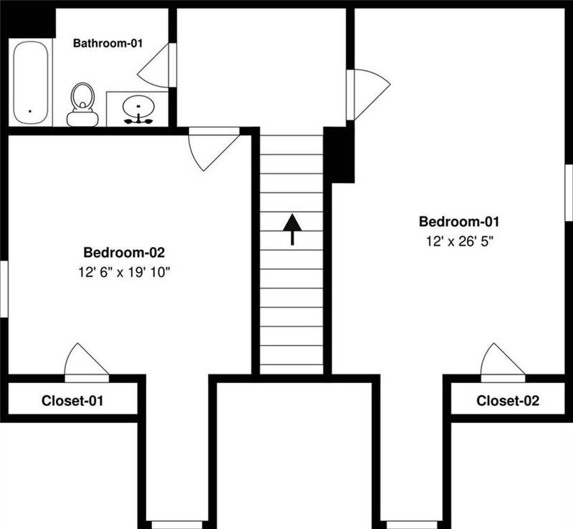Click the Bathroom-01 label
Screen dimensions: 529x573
coord(108,43)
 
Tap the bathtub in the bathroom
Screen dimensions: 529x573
coord(30,82)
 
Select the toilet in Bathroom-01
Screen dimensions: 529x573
coord(83,105)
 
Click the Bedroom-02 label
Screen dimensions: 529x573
coord(125,252)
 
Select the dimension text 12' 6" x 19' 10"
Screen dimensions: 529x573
coord(125,272)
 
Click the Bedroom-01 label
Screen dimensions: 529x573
coord(458,221)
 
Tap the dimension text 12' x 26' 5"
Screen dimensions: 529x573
coord(458,241)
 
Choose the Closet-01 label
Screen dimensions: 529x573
coord(72,401)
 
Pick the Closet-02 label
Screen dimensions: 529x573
coord(508,401)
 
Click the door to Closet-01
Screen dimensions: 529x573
coord(86,361)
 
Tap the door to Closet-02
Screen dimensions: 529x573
coord(502,361)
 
